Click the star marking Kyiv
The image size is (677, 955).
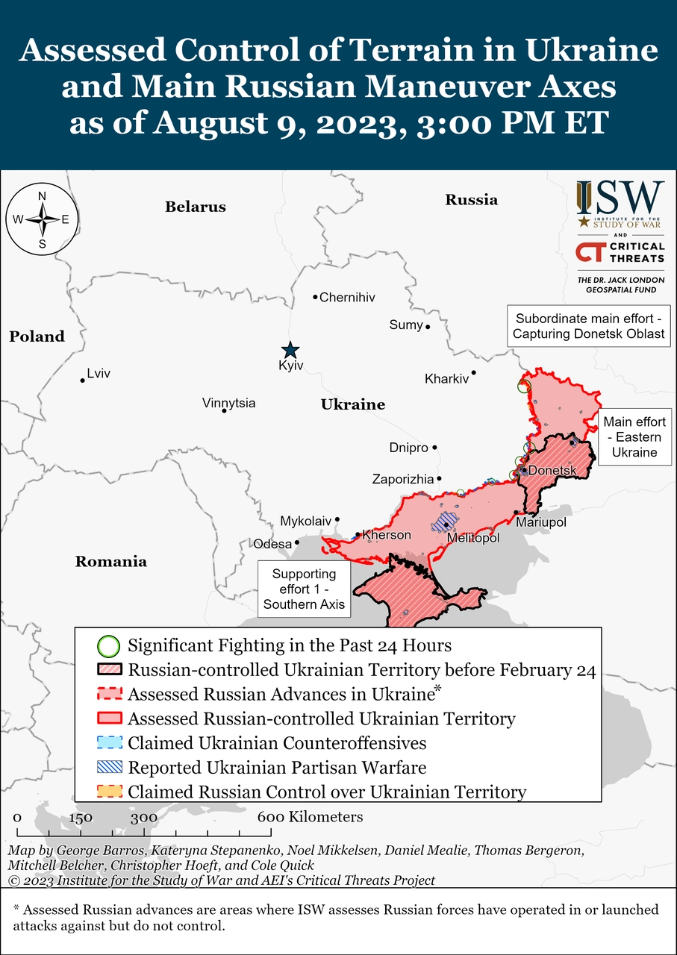pyautogui.click(x=290, y=350)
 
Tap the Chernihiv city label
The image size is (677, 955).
pyautogui.click(x=347, y=298)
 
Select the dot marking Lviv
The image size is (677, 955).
pyautogui.click(x=83, y=381)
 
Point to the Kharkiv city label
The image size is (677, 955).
pyautogui.click(x=446, y=379)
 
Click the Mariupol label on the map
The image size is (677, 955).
pyautogui.click(x=541, y=522)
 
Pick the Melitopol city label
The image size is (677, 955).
pyautogui.click(x=473, y=538)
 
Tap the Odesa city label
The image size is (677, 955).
pyautogui.click(x=272, y=544)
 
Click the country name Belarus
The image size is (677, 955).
pyautogui.click(x=196, y=207)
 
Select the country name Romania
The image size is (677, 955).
pyautogui.click(x=110, y=562)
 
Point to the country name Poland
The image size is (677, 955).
pyautogui.click(x=37, y=336)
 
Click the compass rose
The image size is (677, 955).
pyautogui.click(x=43, y=219)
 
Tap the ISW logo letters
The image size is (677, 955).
pyautogui.click(x=620, y=198)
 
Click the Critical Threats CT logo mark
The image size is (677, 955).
pyautogui.click(x=590, y=252)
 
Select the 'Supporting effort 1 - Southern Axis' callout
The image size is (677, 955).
pyautogui.click(x=304, y=589)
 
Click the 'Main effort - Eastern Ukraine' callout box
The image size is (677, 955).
pyautogui.click(x=635, y=437)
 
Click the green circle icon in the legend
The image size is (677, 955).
pyautogui.click(x=108, y=645)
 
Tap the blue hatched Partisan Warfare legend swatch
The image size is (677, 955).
pyautogui.click(x=109, y=768)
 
